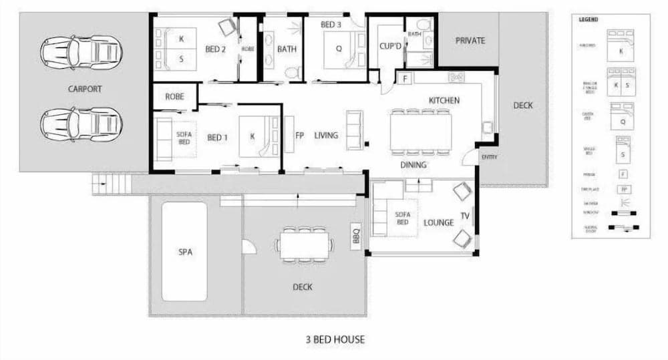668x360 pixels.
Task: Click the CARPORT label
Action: point(85,88)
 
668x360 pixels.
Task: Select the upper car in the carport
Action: point(81,52)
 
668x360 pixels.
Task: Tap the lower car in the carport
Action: point(81,124)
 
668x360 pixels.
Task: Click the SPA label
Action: point(184,252)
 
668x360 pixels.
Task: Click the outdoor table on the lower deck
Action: point(304,244)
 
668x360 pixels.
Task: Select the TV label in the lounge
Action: point(464,216)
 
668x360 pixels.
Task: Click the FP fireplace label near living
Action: point(299,136)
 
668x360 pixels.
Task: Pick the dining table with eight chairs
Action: point(420,133)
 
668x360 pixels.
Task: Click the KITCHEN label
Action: point(444,100)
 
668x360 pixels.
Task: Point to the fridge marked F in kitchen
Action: point(405,78)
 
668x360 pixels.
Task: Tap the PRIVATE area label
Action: point(470,41)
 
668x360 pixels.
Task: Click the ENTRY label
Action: point(488,157)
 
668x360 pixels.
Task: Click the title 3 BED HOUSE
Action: point(335,339)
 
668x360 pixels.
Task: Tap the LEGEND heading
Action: point(588,19)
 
